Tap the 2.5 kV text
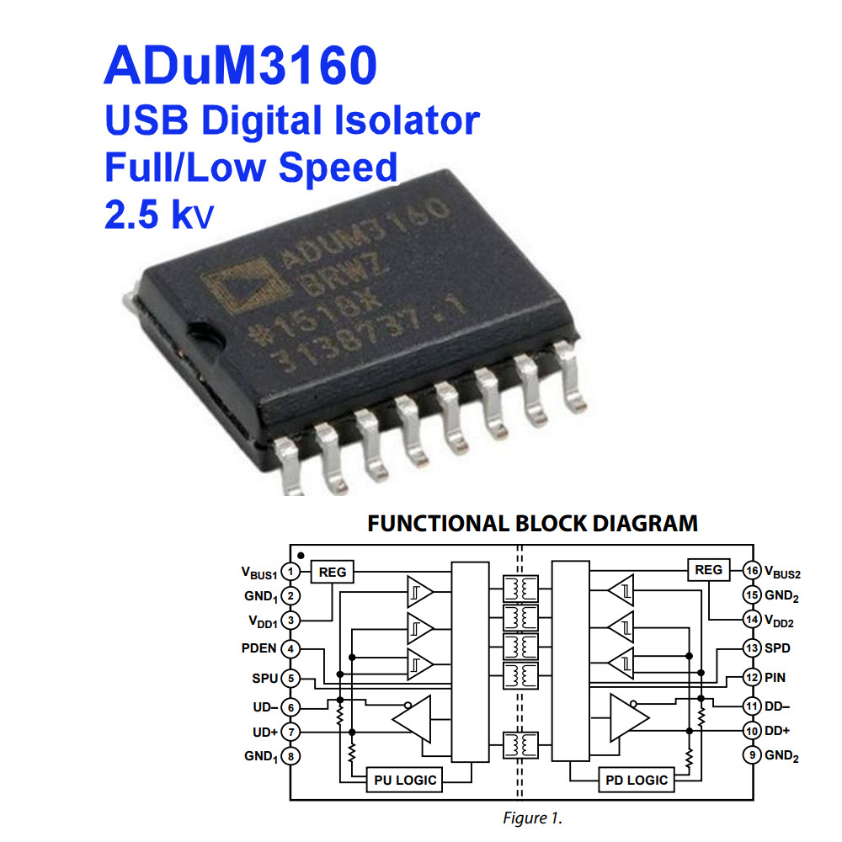click(x=159, y=215)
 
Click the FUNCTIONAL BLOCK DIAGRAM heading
click(x=532, y=523)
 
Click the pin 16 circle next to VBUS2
click(x=751, y=572)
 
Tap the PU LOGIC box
click(x=405, y=780)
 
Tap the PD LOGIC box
click(x=637, y=780)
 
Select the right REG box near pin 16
click(x=709, y=570)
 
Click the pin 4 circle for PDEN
click(x=290, y=649)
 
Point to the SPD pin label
click(x=779, y=648)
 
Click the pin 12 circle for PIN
click(x=751, y=676)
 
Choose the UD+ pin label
click(x=265, y=731)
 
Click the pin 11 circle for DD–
click(x=751, y=705)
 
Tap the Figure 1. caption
click(x=532, y=818)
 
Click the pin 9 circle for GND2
click(x=751, y=755)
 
